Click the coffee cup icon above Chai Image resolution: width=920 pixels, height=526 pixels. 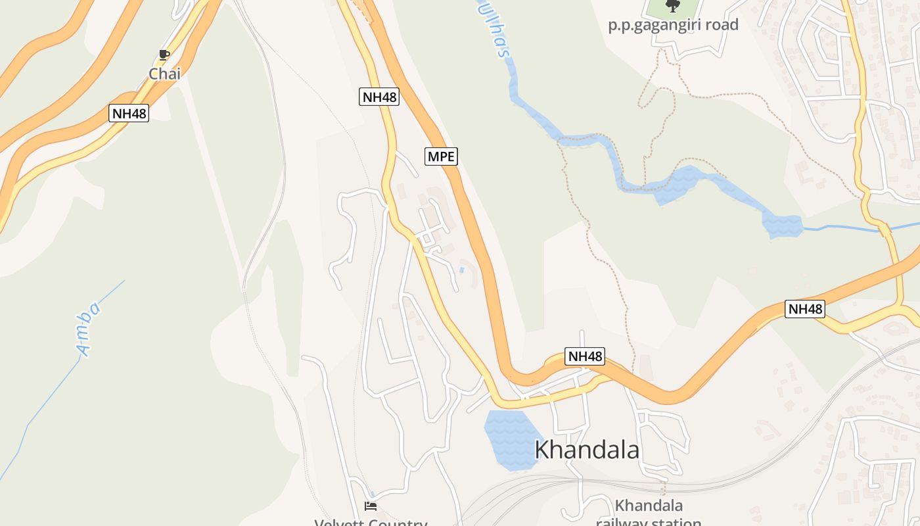164,55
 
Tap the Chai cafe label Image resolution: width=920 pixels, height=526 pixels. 164,74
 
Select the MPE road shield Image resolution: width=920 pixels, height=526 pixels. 441,156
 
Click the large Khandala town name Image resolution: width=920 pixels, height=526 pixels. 587,450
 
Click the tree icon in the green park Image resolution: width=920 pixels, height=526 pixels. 672,6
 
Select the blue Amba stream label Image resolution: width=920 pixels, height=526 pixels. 89,329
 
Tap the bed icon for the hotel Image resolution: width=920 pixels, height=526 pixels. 371,506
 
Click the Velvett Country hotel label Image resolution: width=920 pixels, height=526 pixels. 371,523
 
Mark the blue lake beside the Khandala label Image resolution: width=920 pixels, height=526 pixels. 509,439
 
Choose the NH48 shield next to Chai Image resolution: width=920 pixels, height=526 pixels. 129,113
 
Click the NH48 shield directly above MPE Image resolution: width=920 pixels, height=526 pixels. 380,97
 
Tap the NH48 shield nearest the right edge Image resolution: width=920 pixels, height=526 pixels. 804,309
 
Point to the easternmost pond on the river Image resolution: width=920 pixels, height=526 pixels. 782,226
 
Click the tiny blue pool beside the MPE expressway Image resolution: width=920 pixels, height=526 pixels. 462,270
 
